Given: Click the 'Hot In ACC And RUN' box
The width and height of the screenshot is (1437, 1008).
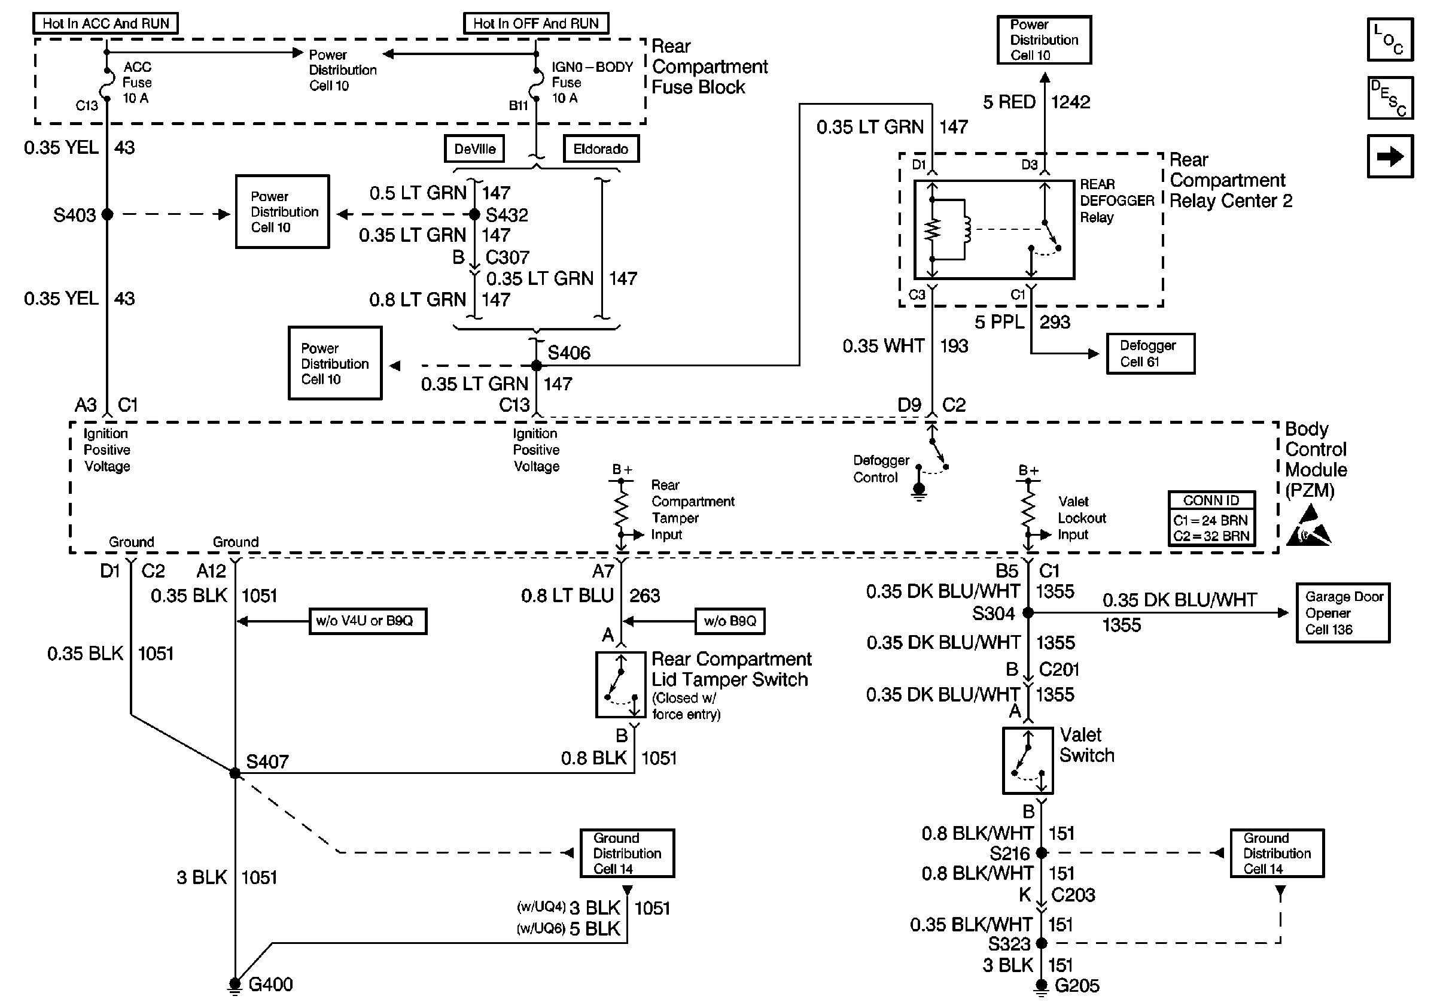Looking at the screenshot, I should [105, 24].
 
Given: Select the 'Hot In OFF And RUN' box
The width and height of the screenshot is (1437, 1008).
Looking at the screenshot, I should [536, 24].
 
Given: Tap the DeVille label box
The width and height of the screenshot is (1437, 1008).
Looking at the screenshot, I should [474, 149].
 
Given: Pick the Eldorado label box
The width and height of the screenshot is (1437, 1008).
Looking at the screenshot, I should [601, 149].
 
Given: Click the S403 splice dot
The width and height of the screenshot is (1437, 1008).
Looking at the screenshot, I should [108, 214].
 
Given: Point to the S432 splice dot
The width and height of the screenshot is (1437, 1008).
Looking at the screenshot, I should [475, 214].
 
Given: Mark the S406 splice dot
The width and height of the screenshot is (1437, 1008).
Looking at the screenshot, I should [537, 366].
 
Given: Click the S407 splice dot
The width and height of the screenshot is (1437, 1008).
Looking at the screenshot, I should [235, 773].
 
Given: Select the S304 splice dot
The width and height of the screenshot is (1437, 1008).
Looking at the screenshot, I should [1028, 613].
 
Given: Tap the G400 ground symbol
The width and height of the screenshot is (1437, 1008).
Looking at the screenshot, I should [235, 985].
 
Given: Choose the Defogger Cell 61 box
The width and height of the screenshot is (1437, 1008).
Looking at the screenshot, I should [1150, 354].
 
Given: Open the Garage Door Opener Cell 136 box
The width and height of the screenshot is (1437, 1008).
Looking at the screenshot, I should [1343, 614].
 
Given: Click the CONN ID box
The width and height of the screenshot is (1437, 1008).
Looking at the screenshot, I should [1211, 519].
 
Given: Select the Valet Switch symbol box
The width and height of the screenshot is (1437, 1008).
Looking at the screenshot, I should [1028, 761].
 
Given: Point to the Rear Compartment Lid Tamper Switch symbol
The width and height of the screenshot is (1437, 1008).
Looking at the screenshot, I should [620, 685].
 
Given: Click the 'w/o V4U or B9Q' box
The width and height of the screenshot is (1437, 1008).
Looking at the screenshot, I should [368, 621].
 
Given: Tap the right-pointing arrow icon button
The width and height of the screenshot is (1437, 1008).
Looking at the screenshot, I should [1390, 156].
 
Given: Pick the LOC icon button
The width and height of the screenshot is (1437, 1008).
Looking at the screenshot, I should [1390, 40].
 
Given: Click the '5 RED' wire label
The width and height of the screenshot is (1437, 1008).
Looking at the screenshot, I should [1009, 102].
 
